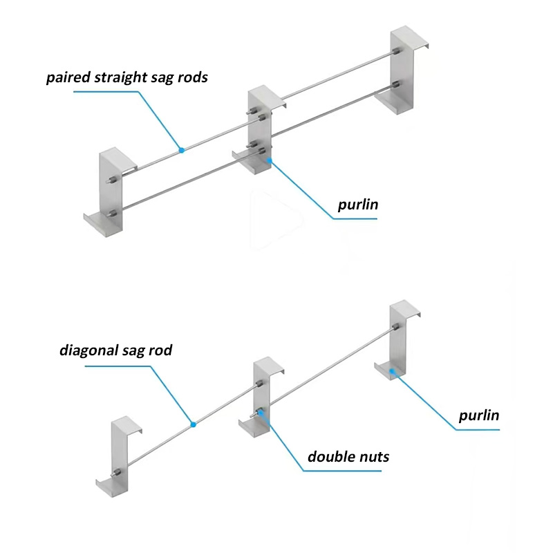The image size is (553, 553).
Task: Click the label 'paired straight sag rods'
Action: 127,77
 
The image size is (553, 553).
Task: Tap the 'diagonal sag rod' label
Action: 115,350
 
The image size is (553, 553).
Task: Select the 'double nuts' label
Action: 348,456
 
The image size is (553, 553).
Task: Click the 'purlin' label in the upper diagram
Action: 358,205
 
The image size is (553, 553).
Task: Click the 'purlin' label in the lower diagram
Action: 479,415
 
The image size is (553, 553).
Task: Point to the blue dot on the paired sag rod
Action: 181,149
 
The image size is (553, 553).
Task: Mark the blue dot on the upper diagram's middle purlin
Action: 270,160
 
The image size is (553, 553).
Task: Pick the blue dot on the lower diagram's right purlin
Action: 391,371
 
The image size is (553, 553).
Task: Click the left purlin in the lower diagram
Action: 122,456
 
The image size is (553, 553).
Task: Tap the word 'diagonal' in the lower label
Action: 86,350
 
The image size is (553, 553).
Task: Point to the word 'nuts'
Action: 373,456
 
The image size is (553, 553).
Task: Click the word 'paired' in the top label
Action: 66,77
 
